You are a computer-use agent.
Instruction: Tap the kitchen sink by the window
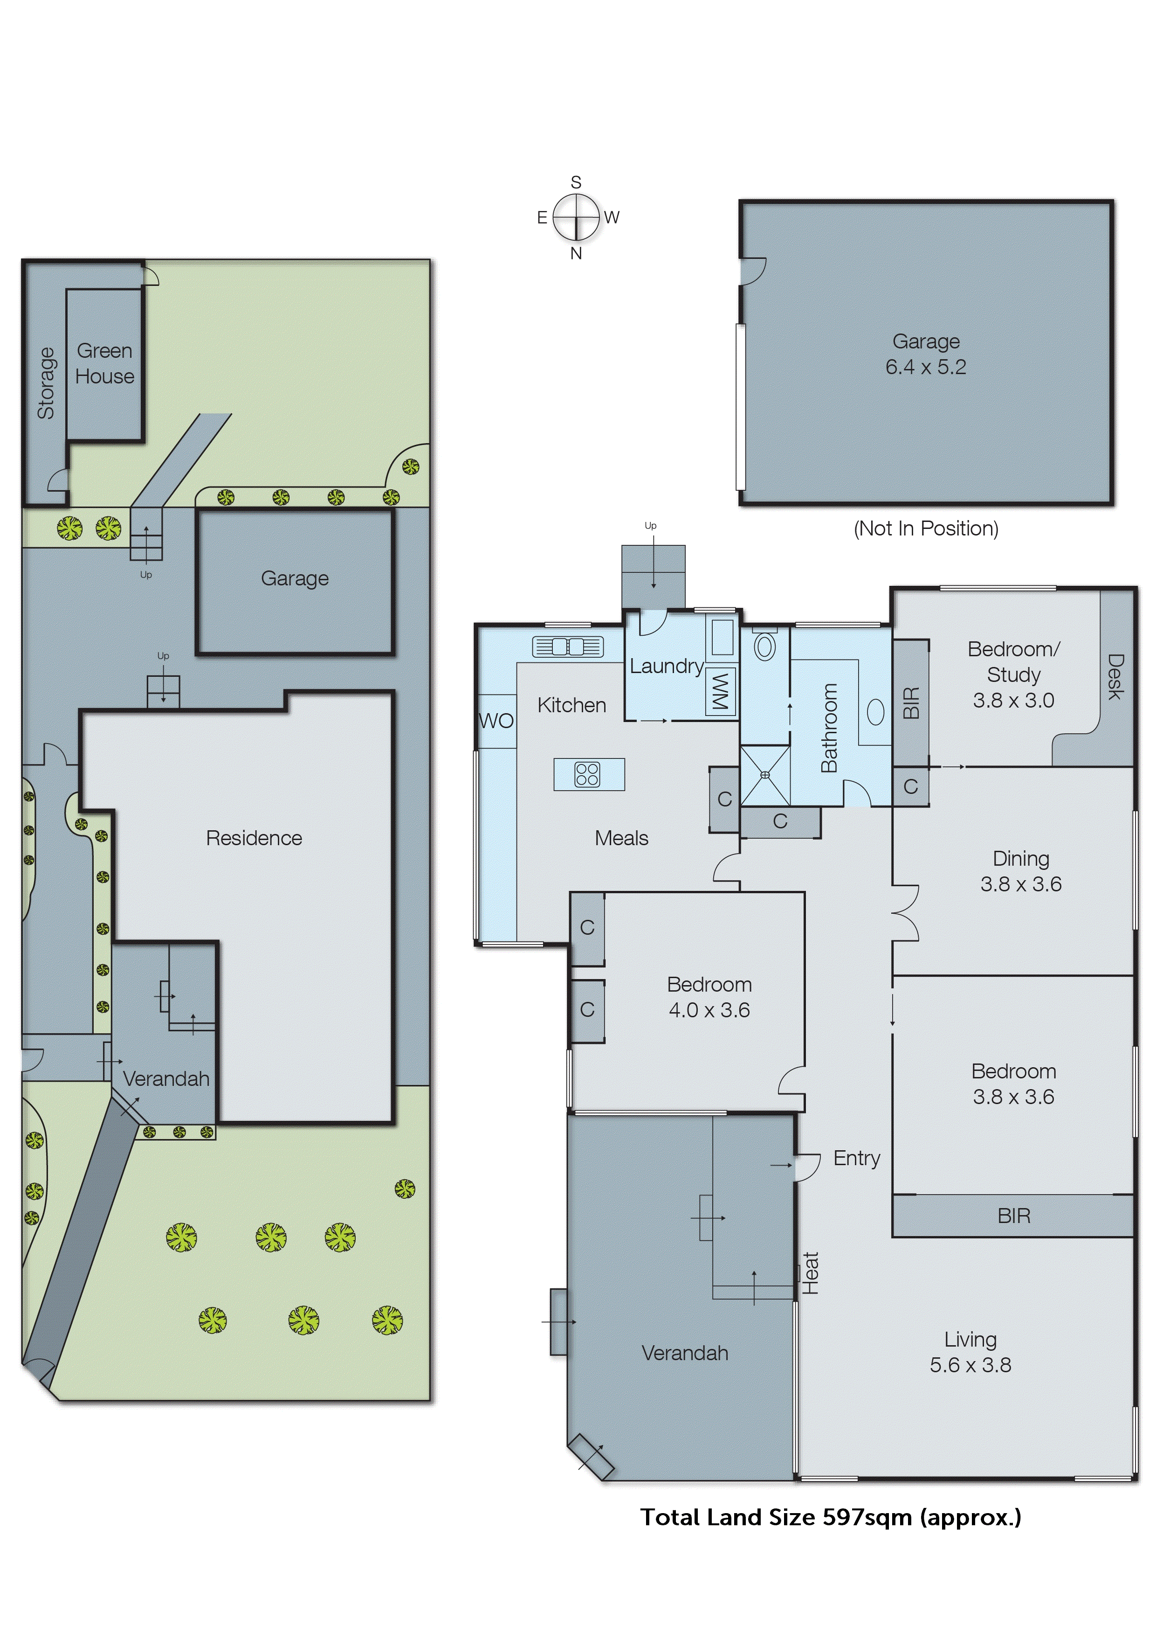click(x=567, y=646)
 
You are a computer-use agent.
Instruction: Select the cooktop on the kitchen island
click(x=588, y=774)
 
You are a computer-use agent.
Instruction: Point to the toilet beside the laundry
click(x=765, y=646)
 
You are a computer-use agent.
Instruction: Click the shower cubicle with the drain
click(x=765, y=775)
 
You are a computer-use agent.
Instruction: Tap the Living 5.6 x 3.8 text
click(x=970, y=1352)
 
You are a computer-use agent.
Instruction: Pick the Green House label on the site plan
click(x=104, y=363)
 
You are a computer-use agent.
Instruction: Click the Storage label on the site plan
click(x=46, y=383)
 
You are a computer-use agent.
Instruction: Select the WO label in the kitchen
click(x=496, y=722)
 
